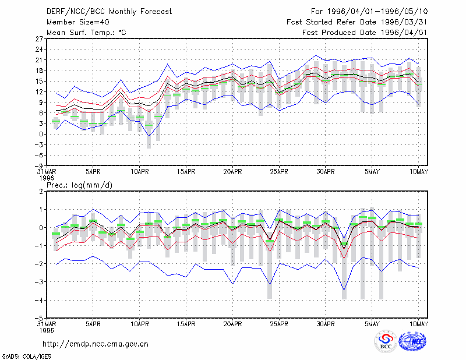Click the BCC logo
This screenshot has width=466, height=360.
[x=386, y=341]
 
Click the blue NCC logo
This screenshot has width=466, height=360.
[x=412, y=341]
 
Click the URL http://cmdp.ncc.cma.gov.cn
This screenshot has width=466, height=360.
[x=96, y=344]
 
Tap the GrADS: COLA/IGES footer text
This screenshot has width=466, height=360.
[x=26, y=357]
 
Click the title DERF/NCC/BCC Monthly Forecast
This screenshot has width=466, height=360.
[x=109, y=12]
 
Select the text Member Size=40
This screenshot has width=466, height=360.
[x=78, y=22]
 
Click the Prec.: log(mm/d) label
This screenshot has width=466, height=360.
[x=79, y=185]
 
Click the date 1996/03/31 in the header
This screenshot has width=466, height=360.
[x=404, y=22]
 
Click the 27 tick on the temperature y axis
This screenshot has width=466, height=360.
[x=39, y=38]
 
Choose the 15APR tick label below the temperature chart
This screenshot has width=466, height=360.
[x=186, y=172]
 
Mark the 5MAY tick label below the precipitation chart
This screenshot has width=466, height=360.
[x=372, y=324]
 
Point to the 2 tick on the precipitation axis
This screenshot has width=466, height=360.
[x=41, y=192]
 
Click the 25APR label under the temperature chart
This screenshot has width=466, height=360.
[x=279, y=172]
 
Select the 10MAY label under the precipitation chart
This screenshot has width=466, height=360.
[x=418, y=324]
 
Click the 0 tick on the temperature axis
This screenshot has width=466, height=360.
[x=41, y=134]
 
